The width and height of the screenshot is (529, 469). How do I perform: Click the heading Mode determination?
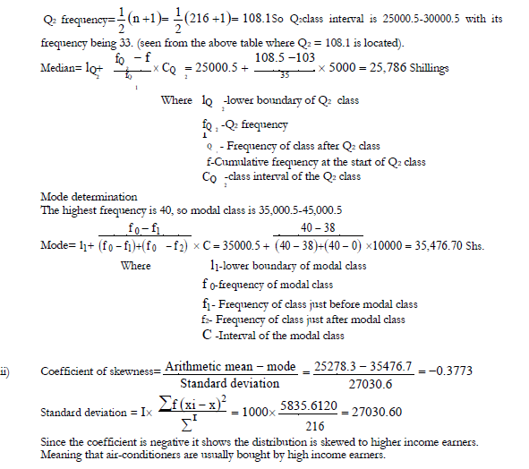[x=89, y=197]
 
